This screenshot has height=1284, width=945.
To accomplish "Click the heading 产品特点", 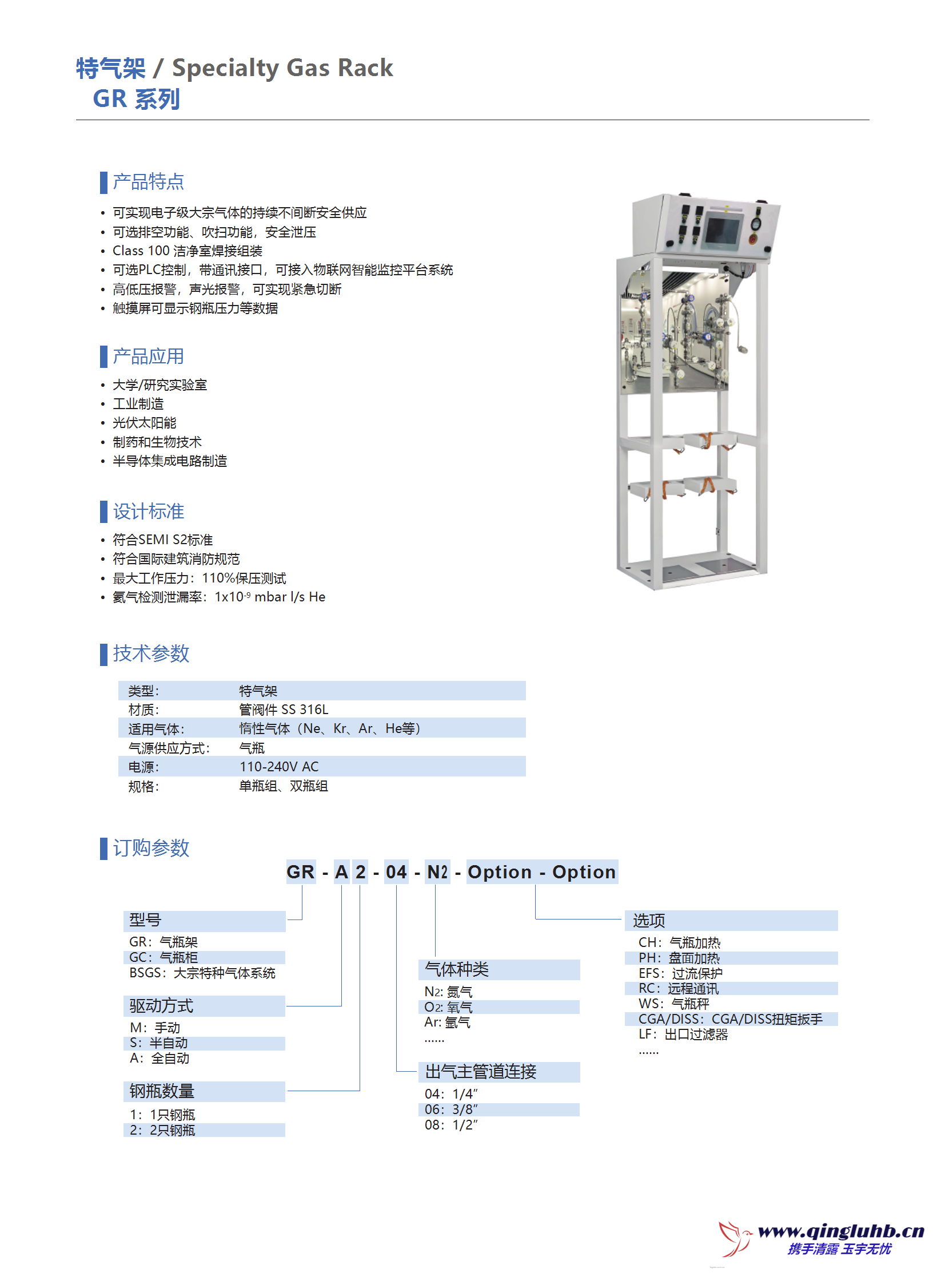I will coord(147,182).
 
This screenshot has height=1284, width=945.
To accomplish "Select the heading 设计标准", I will coord(147,511).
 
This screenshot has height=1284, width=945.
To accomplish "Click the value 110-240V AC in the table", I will coord(278,767).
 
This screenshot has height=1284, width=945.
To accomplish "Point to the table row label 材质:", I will coord(143,710).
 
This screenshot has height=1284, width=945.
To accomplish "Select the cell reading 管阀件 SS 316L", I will coord(283,710).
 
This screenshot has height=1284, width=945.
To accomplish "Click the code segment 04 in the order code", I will coord(396,872).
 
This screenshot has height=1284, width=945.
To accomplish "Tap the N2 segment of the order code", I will coord(437,872).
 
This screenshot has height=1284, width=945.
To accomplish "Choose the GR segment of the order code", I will coord(300,872).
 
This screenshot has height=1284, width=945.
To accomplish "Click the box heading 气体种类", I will coord(456,969).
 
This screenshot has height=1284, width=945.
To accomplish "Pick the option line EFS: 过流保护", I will coord(680,973).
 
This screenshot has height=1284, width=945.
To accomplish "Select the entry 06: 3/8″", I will coord(450,1109).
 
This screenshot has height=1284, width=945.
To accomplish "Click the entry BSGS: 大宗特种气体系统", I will coord(202,973).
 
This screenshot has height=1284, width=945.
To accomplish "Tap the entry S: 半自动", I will coord(158,1043).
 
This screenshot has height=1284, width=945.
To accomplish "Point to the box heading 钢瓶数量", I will coord(162,1091).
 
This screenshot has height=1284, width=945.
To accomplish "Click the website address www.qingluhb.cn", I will coord(840,1231).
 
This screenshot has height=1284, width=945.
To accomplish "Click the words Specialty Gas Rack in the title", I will coord(282,68).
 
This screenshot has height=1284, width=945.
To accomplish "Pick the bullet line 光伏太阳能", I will coord(144,423).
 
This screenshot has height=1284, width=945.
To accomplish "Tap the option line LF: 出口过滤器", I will coord(683,1035).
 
